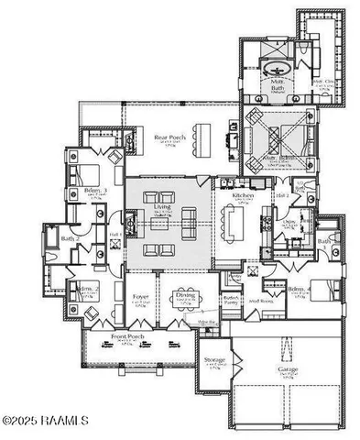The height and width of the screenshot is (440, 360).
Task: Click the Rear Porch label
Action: click(x=165, y=138)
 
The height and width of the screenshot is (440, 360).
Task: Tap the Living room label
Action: click(x=161, y=209)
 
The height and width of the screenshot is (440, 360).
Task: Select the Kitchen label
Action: click(x=242, y=197)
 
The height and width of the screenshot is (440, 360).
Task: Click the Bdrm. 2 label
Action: click(x=88, y=289)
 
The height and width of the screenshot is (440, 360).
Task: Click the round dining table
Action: click(x=186, y=313)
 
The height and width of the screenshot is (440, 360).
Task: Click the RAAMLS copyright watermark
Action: click(x=46, y=421)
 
